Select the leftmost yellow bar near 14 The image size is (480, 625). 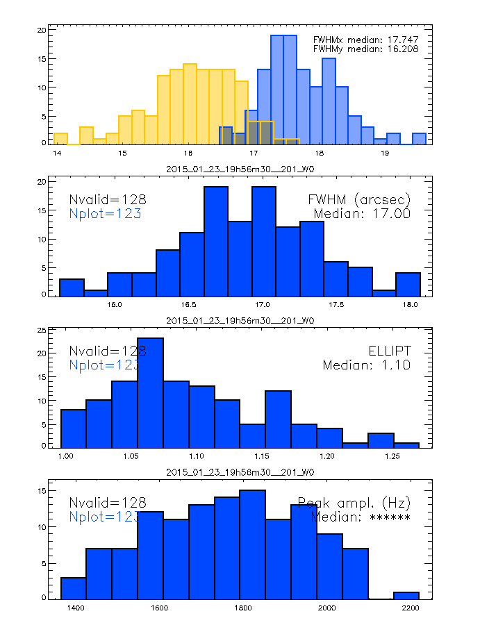tap(60, 138)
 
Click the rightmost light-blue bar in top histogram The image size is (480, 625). tap(419, 138)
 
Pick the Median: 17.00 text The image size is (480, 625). tap(362, 213)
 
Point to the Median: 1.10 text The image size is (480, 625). tap(366, 365)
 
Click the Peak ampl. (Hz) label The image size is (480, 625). tap(354, 502)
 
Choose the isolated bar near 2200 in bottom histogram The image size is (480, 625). tap(406, 595)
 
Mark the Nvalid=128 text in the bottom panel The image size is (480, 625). tap(108, 503)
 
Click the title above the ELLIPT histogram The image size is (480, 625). tap(240, 320)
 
